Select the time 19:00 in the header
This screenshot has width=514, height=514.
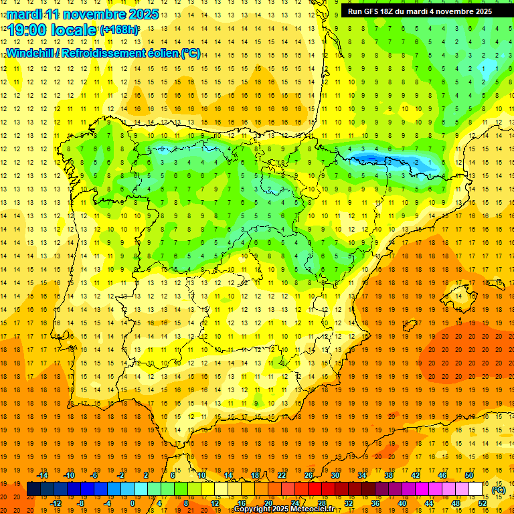pyautogui.click(x=28, y=30)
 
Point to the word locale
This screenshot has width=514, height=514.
pyautogui.click(x=75, y=30)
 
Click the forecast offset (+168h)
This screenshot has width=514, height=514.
pyautogui.click(x=119, y=30)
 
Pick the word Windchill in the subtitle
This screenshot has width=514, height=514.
pyautogui.click(x=29, y=54)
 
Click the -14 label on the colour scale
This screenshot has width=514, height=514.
pyautogui.click(x=44, y=476)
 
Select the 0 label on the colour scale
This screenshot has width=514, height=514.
pyautogui.click(x=133, y=503)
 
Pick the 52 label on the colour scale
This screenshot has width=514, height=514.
pyautogui.click(x=483, y=503)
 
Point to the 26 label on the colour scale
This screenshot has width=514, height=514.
pyautogui.click(x=308, y=476)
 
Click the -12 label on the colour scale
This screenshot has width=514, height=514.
pyautogui.click(x=56, y=503)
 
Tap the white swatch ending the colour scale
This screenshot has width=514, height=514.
pyautogui.click(x=476, y=489)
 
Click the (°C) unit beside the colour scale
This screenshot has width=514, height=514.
pyautogui.click(x=499, y=490)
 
